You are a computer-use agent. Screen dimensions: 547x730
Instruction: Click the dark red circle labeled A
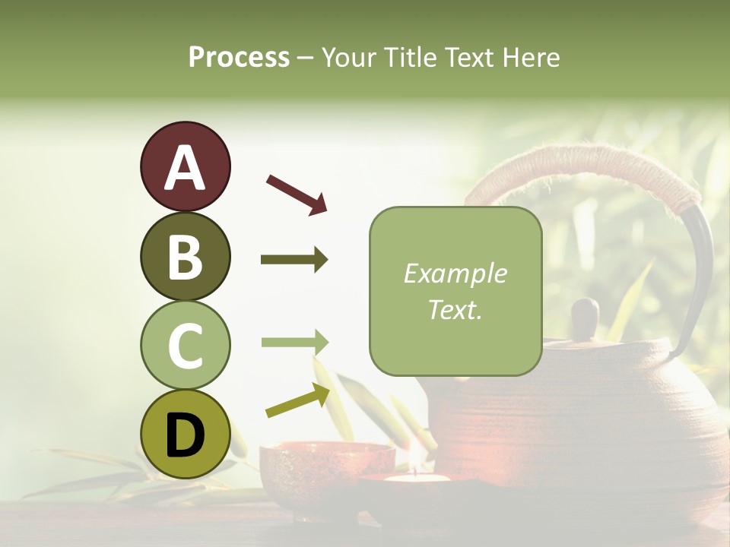click(185, 166)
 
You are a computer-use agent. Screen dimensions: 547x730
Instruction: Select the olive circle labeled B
click(185, 256)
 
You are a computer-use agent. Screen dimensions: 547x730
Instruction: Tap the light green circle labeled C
click(185, 345)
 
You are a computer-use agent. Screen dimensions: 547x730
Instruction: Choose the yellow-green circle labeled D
click(185, 434)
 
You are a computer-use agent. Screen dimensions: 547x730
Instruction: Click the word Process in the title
click(239, 57)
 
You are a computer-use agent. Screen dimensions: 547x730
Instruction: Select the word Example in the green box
click(455, 273)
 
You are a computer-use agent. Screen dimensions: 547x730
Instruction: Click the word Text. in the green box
click(455, 309)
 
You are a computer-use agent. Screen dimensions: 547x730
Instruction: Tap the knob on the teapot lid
click(585, 317)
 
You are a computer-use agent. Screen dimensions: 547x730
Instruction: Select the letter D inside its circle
click(185, 435)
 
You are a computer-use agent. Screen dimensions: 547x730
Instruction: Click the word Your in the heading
click(350, 57)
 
